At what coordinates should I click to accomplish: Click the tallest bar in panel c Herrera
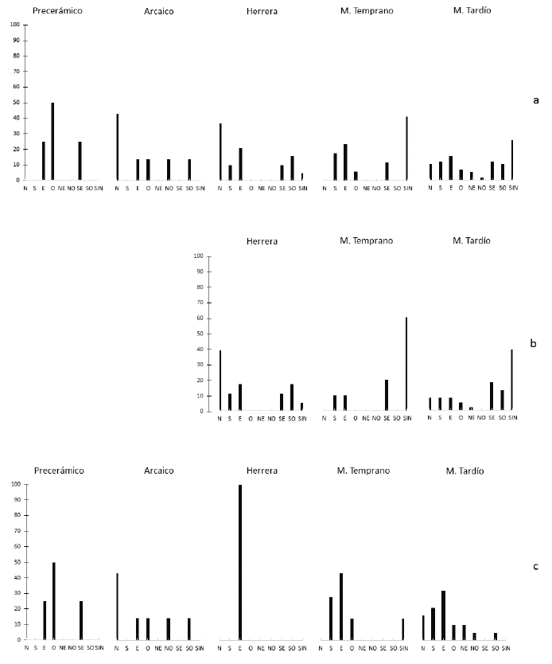[240, 562]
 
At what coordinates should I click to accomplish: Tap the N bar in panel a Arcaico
[117, 147]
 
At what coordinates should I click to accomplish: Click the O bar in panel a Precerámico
[53, 141]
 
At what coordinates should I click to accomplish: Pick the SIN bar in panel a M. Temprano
[407, 148]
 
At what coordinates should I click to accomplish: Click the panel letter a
[535, 100]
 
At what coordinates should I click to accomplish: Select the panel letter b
[533, 343]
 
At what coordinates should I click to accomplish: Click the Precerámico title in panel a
[57, 11]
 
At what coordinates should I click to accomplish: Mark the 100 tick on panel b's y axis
[199, 256]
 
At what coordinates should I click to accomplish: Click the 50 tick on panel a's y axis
[16, 103]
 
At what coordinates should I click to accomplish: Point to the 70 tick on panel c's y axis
[16, 531]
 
